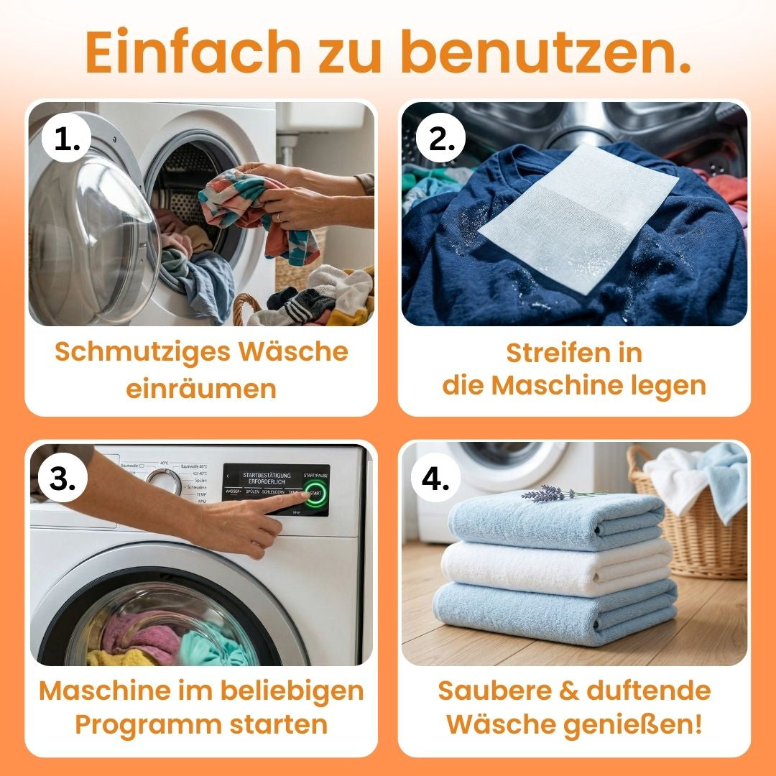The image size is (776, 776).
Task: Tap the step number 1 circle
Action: [x=67, y=139]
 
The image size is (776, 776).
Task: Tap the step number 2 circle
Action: [x=440, y=139]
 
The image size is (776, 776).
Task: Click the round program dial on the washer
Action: [x=165, y=481]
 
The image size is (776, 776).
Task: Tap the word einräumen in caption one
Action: [x=201, y=389]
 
